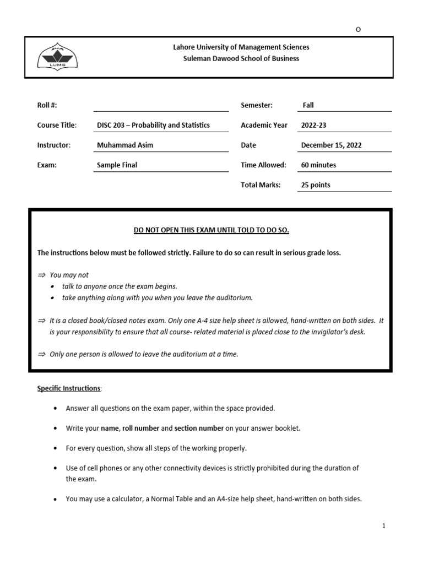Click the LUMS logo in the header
[57, 57]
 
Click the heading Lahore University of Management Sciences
[241, 47]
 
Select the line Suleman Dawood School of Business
[241, 58]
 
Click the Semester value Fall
[308, 105]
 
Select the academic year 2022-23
[313, 125]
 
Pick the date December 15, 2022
[331, 145]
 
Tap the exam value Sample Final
[117, 165]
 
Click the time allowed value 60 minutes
[318, 165]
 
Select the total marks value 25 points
[316, 185]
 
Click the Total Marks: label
[261, 185]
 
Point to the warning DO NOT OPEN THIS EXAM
[211, 230]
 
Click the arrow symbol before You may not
[41, 275]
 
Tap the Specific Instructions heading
[69, 388]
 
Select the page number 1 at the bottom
[384, 526]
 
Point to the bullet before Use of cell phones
[56, 468]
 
